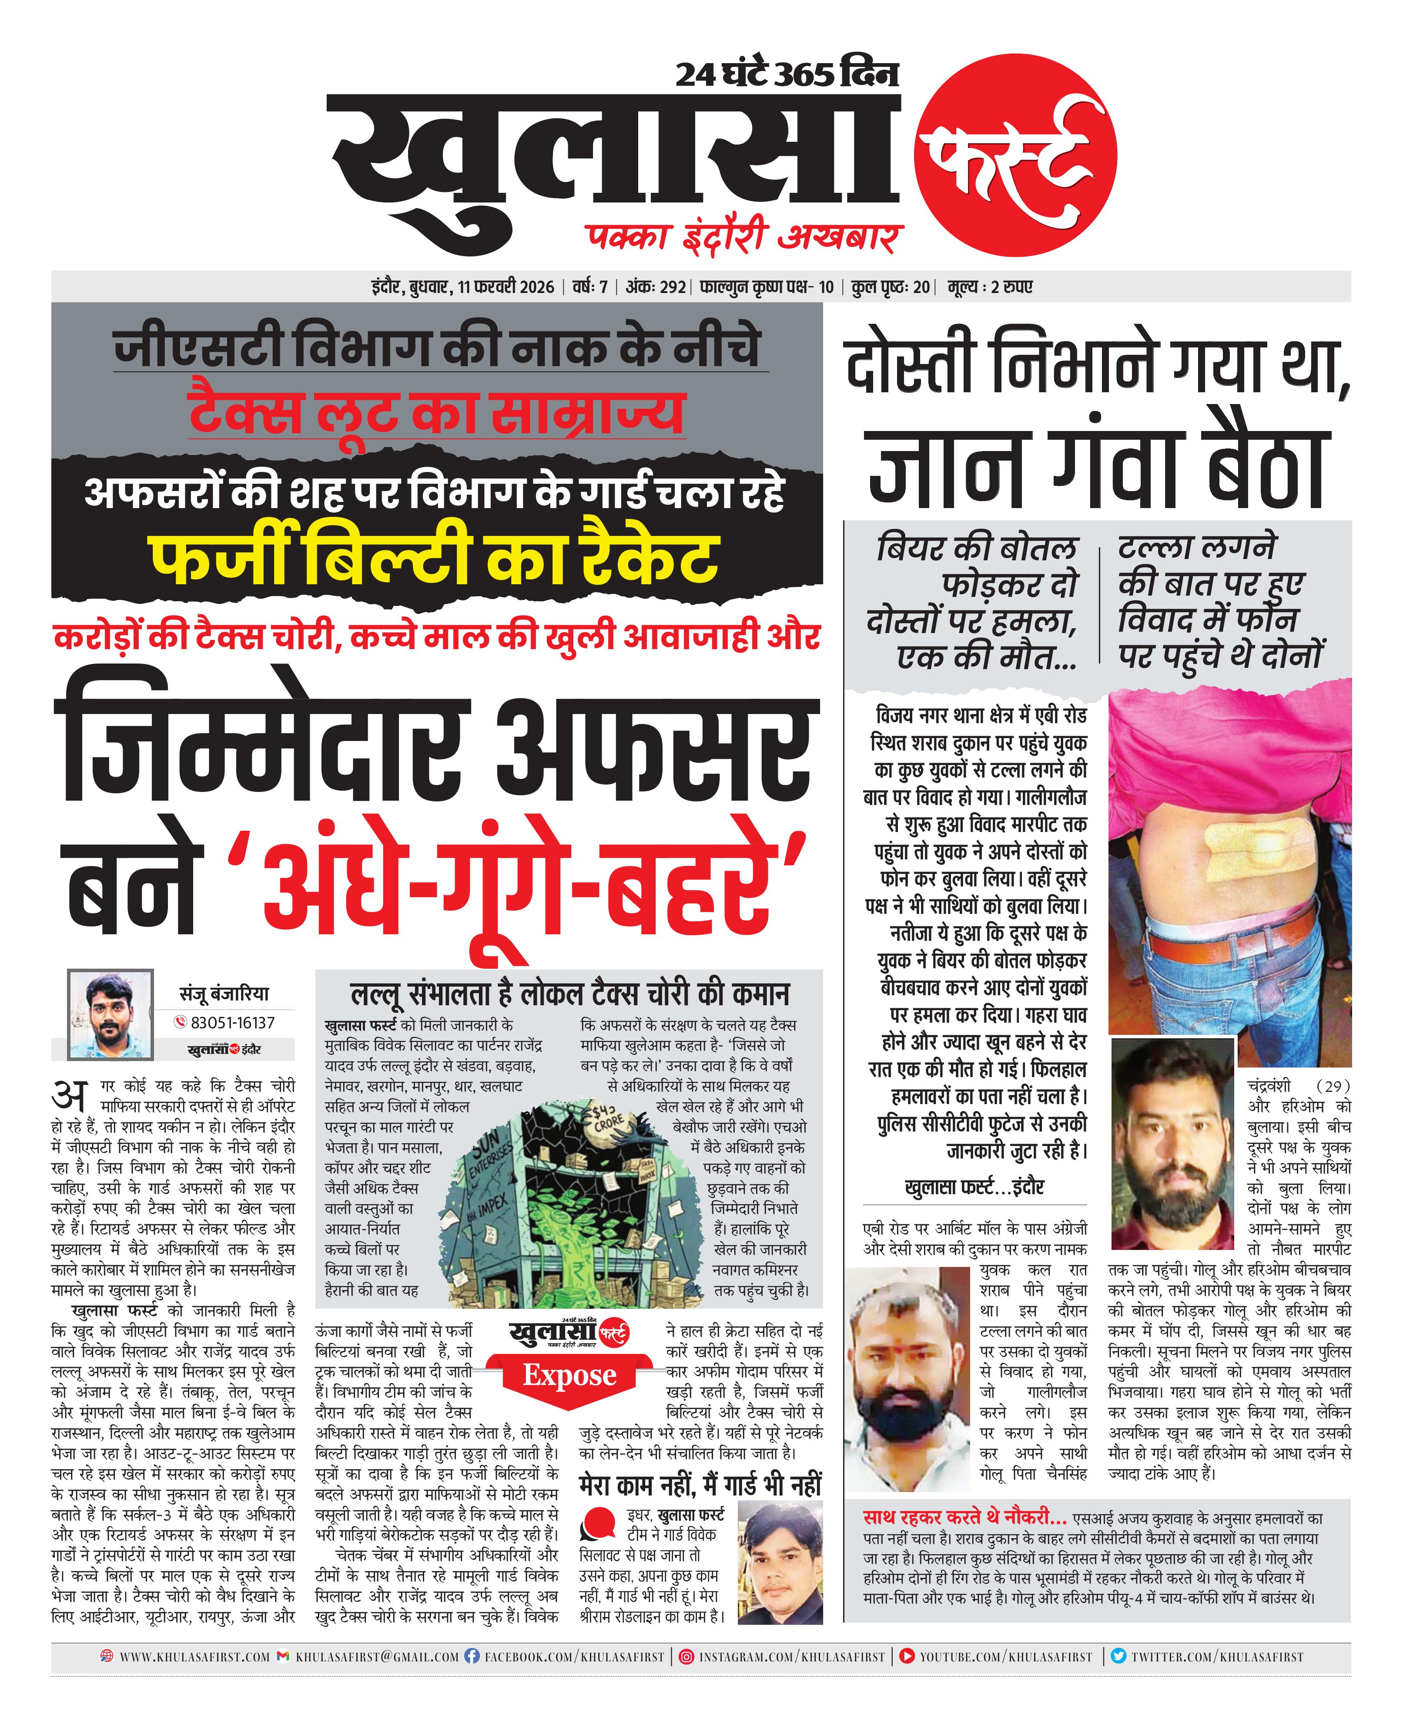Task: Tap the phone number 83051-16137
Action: pyautogui.click(x=232, y=1023)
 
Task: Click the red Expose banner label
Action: pyautogui.click(x=570, y=1374)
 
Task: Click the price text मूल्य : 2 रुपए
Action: pyautogui.click(x=991, y=287)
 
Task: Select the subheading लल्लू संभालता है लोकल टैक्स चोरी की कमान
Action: pyautogui.click(x=570, y=994)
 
